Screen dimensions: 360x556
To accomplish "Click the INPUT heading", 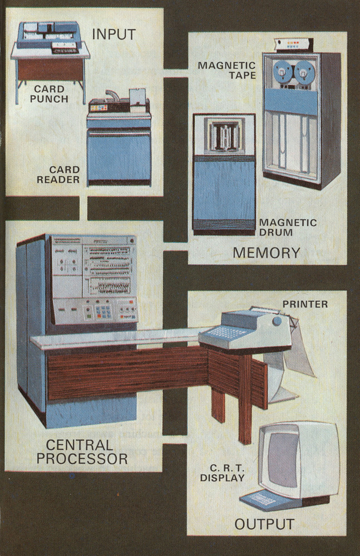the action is point(114,34).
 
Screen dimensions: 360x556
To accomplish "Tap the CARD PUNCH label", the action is point(50,94).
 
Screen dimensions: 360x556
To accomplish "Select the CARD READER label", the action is point(58,174).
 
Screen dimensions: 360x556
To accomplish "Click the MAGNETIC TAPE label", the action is point(226,70).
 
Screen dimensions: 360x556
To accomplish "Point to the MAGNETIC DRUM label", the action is point(288,227).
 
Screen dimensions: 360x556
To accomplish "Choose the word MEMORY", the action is point(266,253).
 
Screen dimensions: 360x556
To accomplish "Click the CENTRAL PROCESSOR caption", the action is point(86,451).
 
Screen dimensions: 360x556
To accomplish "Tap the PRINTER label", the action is point(305,304).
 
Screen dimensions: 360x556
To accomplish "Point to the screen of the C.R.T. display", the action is point(283,456).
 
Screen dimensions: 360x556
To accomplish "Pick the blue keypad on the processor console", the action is point(104,310).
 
